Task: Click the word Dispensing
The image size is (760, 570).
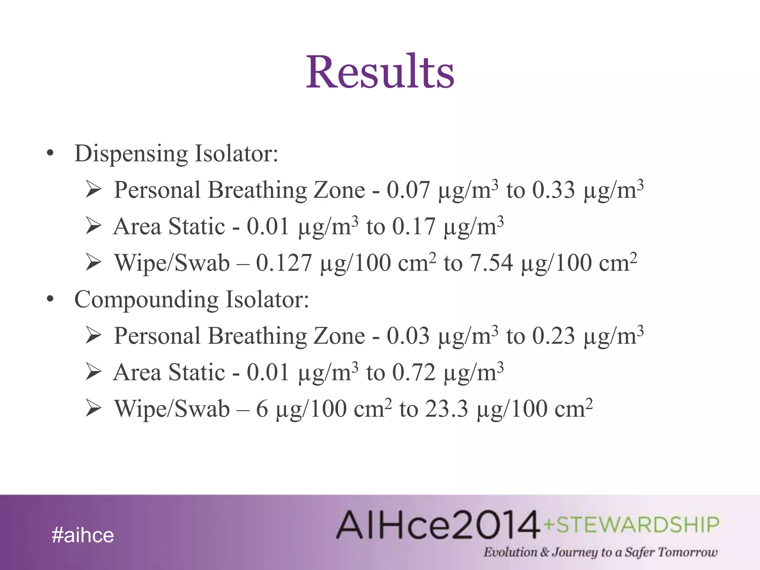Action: click(x=131, y=153)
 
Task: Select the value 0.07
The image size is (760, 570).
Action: click(x=408, y=190)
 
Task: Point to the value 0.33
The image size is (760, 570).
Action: click(x=553, y=190)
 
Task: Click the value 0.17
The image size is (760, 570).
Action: click(x=413, y=227)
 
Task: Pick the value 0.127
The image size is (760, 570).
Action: click(x=284, y=263)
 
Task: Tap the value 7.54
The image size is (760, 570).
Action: click(x=491, y=263)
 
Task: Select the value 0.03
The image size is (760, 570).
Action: click(x=408, y=336)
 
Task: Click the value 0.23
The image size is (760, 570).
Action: click(x=553, y=336)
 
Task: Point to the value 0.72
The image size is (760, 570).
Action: click(x=413, y=373)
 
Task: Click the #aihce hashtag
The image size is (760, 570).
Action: click(x=83, y=535)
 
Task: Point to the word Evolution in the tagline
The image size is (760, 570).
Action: click(x=510, y=552)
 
